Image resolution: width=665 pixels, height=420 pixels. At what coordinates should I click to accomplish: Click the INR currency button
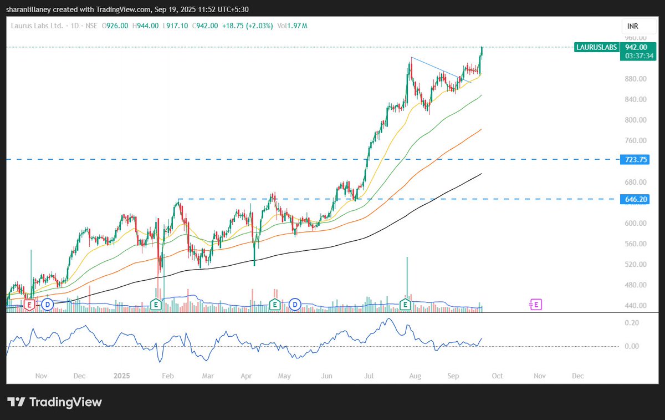click(x=632, y=26)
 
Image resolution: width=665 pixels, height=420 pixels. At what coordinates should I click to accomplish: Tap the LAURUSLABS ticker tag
click(x=596, y=48)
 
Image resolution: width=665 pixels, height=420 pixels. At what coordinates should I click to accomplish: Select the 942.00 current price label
click(x=636, y=48)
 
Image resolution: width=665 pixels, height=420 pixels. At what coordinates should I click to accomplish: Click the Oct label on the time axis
click(x=497, y=376)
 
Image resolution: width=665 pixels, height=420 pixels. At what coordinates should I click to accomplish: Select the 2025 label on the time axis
click(x=121, y=376)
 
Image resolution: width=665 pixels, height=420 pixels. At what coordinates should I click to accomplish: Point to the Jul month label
click(x=368, y=376)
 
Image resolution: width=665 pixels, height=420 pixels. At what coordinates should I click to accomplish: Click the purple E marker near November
click(x=536, y=304)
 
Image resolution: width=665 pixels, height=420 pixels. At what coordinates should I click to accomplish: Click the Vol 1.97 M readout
click(x=292, y=26)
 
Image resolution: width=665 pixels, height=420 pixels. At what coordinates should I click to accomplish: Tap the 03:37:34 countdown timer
click(x=636, y=56)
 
